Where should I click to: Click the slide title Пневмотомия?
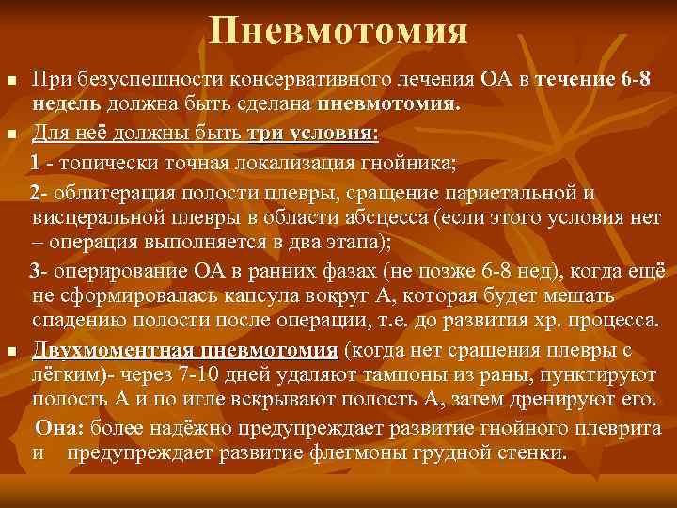(338, 32)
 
